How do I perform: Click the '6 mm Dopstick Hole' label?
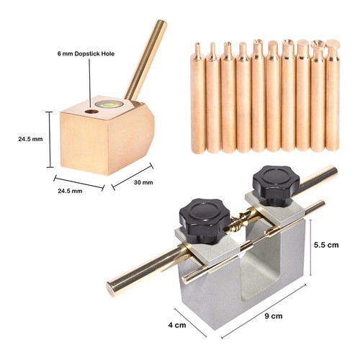point(86,53)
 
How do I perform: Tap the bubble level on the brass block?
point(109,104)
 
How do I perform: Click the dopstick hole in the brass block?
point(92,112)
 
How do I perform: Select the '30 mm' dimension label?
point(143,182)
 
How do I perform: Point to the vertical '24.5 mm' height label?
point(30,139)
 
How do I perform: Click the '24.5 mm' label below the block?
point(70,191)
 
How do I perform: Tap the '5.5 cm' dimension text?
point(326,245)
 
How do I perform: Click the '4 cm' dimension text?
point(177,325)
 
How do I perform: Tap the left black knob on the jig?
point(204,220)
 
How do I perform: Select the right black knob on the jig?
point(276,185)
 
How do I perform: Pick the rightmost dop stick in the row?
point(333,96)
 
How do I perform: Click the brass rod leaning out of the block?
point(145,60)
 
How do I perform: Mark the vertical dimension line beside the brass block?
point(50,140)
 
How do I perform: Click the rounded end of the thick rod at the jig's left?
point(111,289)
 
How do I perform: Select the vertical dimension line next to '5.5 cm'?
point(311,248)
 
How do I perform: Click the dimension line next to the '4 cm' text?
point(190,323)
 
